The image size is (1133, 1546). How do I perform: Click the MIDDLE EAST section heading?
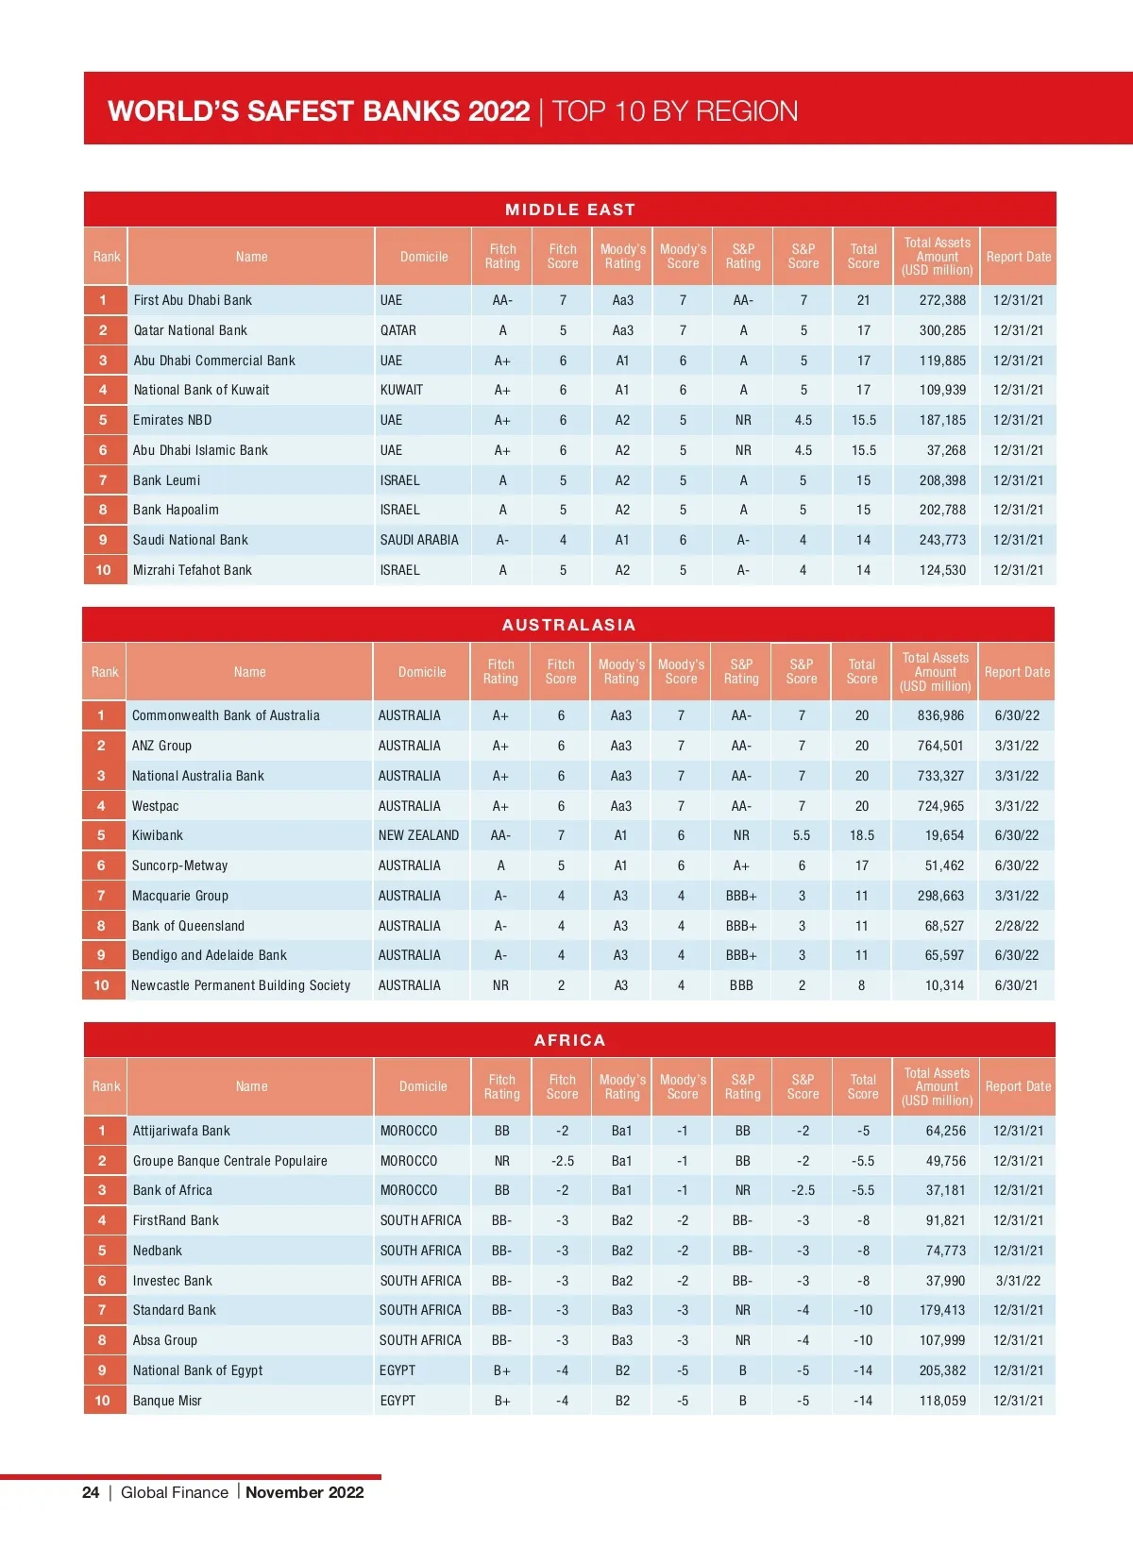tap(569, 210)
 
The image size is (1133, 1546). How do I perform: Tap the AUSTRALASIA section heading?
tap(568, 625)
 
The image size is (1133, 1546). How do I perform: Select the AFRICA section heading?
tap(569, 1040)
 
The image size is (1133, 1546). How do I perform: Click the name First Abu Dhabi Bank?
tap(193, 300)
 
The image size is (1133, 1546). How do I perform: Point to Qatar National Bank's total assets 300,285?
tap(942, 330)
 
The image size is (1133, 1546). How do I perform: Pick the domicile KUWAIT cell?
tap(401, 390)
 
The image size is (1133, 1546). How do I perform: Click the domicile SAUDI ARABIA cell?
tap(419, 540)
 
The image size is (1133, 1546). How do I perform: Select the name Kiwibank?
tap(158, 835)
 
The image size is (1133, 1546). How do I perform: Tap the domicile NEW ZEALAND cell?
tap(418, 835)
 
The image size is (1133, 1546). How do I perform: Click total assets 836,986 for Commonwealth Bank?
tap(940, 715)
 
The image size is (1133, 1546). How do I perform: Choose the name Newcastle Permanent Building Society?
tap(241, 985)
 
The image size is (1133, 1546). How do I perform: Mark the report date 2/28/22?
tap(1016, 926)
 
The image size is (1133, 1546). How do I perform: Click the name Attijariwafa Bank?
tap(181, 1131)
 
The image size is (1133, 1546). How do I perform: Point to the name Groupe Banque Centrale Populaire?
tap(230, 1161)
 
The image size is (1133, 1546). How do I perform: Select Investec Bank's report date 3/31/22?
tap(1018, 1281)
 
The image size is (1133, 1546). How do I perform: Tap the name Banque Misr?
tap(167, 1401)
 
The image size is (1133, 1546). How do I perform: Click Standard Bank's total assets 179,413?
tap(942, 1310)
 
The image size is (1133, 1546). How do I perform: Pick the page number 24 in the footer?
tap(91, 1492)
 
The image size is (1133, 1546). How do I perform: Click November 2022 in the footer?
tap(304, 1492)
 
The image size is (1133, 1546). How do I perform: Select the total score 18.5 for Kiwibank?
tap(861, 835)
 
